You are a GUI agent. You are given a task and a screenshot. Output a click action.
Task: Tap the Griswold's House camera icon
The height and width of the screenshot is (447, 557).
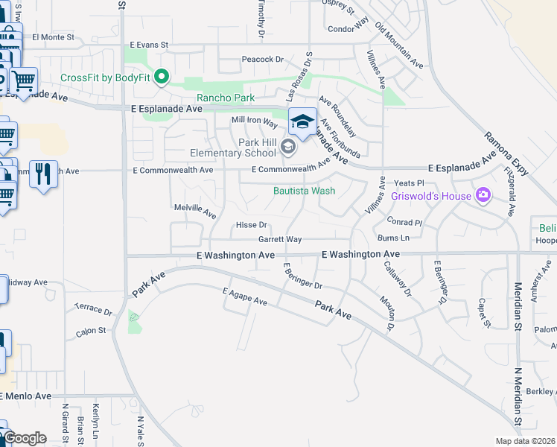[483, 196]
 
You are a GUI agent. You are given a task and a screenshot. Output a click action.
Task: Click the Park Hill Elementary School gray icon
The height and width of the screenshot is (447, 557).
[288, 148]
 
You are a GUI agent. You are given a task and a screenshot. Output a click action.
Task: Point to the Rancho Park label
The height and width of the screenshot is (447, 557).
[225, 98]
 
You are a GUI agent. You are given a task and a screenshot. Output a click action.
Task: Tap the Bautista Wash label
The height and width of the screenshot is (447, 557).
[304, 191]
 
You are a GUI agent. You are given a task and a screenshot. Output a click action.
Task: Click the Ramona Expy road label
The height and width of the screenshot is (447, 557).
[506, 154]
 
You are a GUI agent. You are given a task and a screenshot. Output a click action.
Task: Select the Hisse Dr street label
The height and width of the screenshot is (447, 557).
[251, 225]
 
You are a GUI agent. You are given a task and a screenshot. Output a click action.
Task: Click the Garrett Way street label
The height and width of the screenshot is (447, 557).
[280, 240]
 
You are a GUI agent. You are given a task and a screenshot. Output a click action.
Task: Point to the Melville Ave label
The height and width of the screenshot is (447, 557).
[194, 212]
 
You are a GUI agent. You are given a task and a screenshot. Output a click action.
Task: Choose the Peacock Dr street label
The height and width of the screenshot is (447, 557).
[263, 60]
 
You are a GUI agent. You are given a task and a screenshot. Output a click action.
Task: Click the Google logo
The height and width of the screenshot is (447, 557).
[25, 439]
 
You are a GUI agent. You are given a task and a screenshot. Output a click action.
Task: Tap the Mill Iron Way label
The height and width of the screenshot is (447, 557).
[254, 119]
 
